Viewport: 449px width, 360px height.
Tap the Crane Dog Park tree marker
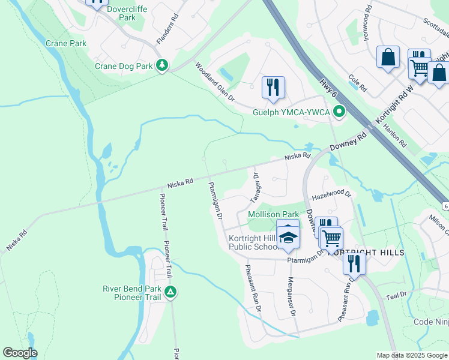click(x=161, y=65)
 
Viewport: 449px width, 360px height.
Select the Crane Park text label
click(x=66, y=43)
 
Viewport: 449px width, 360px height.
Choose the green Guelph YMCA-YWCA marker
click(x=339, y=112)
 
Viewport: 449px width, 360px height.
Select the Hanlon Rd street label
click(x=399, y=136)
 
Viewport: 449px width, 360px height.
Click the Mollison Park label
click(x=273, y=214)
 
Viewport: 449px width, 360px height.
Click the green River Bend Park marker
click(x=171, y=292)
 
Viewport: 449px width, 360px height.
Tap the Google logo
click(x=20, y=353)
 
